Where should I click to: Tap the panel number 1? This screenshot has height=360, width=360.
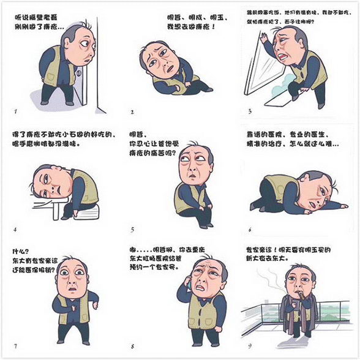pos(15,112)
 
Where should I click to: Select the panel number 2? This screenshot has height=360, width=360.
pos(132,112)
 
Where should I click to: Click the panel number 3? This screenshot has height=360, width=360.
pos(250,112)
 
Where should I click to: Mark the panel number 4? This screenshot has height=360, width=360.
pos(15,231)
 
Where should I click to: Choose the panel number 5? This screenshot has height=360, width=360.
pos(132,231)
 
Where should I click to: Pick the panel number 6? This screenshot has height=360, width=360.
pos(250,231)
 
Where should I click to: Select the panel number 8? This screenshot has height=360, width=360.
pos(132,348)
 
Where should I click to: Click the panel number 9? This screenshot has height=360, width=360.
pos(250,348)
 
